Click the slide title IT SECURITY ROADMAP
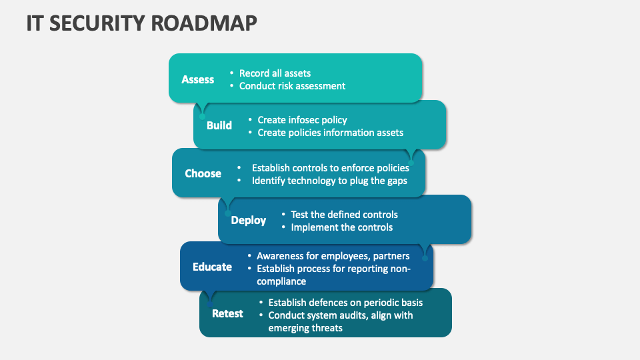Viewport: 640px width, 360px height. (x=141, y=23)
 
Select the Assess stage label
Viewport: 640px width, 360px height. (x=198, y=79)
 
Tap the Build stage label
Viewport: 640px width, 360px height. (x=219, y=125)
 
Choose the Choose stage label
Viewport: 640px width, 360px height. (x=203, y=173)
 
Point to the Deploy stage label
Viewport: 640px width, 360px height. (x=248, y=221)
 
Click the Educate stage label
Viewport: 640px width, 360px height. (x=212, y=267)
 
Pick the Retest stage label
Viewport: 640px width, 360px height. (x=227, y=313)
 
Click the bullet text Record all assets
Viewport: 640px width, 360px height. (x=275, y=73)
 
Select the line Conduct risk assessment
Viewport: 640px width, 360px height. (x=292, y=86)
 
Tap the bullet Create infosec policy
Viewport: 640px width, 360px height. (x=302, y=120)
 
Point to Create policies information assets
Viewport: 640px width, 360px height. (x=330, y=133)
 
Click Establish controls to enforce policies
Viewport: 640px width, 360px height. (x=330, y=168)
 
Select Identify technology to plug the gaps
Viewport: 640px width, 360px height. (x=329, y=181)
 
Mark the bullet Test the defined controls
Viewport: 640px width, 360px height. (x=344, y=215)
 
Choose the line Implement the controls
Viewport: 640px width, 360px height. (x=341, y=227)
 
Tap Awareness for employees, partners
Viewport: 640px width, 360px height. (x=333, y=256)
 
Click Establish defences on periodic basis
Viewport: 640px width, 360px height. (x=345, y=303)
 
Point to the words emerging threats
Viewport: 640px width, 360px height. (x=305, y=328)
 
